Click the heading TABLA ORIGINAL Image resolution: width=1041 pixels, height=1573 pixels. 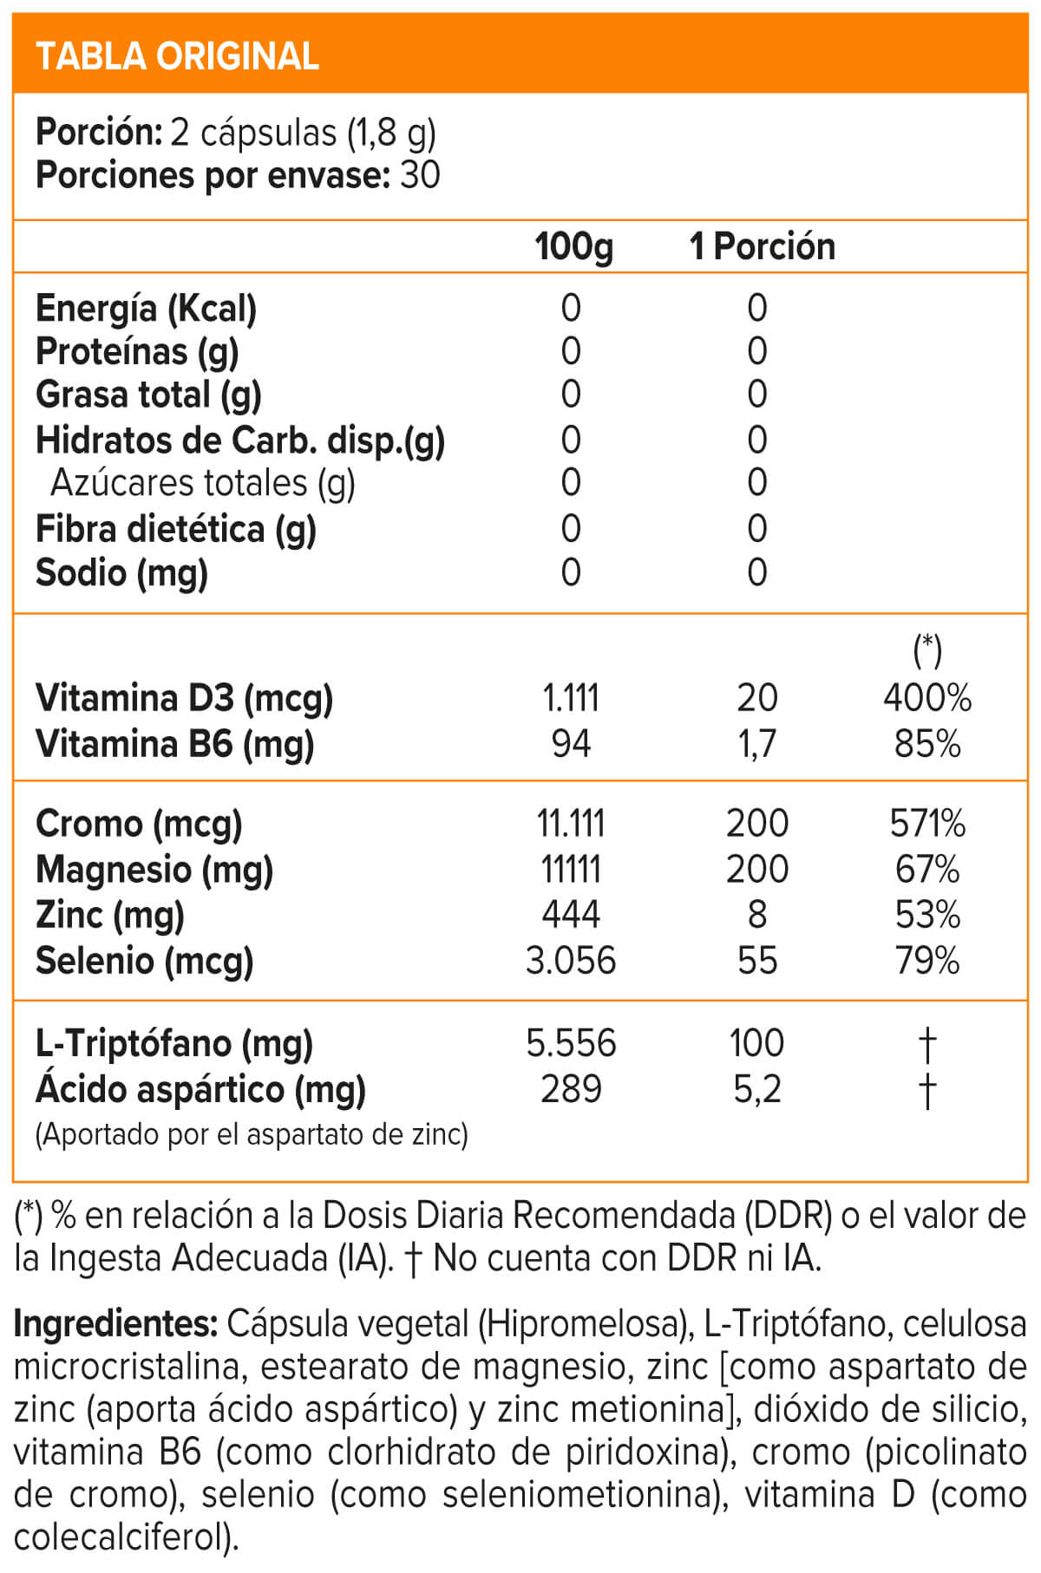(177, 56)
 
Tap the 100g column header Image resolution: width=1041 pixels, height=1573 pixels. (573, 247)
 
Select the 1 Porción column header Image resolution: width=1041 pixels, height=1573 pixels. (762, 247)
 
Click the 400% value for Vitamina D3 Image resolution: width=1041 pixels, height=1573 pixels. (927, 698)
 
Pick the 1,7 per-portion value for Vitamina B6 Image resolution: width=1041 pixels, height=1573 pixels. (756, 744)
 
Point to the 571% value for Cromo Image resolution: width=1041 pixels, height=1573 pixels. (927, 824)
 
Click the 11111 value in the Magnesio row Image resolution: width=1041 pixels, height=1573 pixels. (571, 870)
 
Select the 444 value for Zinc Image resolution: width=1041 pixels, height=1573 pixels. (571, 915)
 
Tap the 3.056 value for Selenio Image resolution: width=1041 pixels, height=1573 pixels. (571, 961)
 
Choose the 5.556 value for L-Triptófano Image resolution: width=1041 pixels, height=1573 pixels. (571, 1043)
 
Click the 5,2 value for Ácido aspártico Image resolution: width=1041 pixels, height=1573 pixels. (756, 1089)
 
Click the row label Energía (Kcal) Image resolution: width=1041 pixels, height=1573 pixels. (146, 309)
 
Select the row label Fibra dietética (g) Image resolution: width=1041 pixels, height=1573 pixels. (175, 529)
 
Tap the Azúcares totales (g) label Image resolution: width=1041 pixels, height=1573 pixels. (203, 483)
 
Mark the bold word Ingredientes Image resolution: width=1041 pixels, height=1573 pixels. (115, 1324)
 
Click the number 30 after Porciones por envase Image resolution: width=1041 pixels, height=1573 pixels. (420, 175)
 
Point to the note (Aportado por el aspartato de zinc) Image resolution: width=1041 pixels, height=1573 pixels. (252, 1134)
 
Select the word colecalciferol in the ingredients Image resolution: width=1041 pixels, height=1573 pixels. (121, 1537)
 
